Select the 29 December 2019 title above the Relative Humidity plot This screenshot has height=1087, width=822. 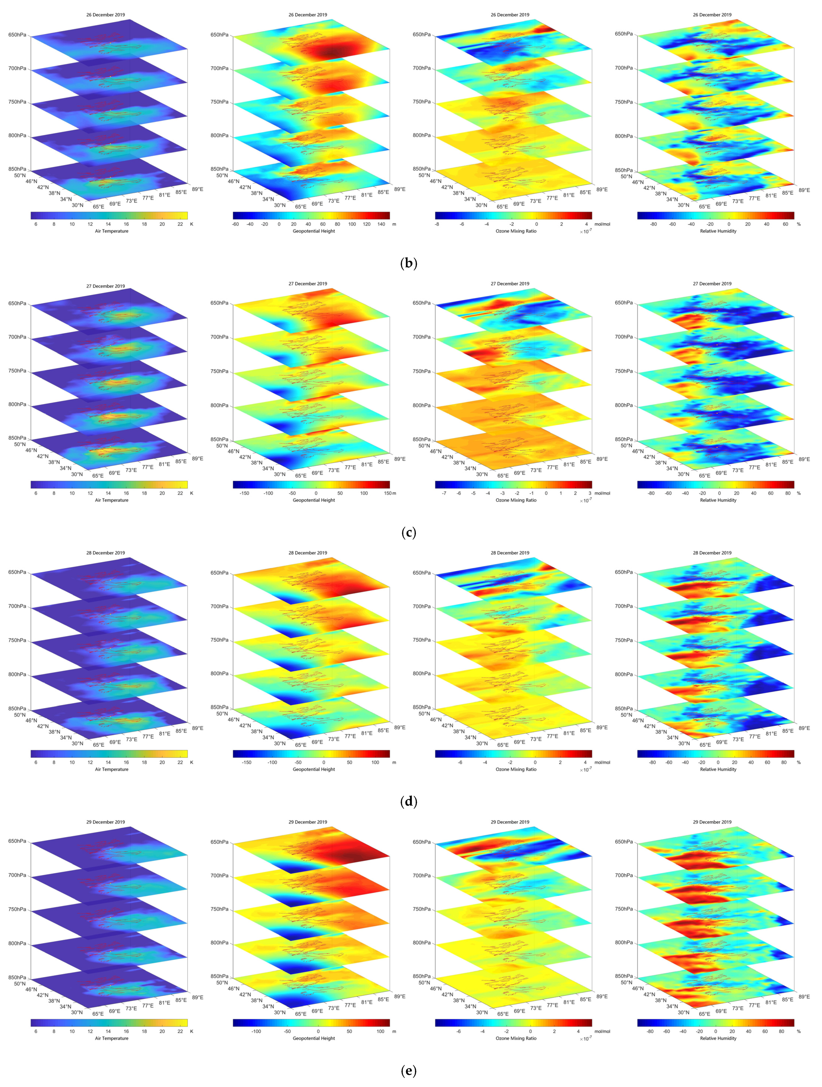click(712, 822)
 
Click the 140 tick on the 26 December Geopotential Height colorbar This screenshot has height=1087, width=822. click(381, 224)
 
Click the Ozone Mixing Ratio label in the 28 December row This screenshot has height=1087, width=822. click(516, 769)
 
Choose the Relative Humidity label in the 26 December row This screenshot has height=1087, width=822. click(718, 231)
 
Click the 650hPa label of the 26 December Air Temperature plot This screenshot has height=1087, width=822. click(17, 35)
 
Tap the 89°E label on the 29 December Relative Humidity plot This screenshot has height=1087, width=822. click(804, 997)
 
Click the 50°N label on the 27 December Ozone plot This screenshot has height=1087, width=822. click(424, 446)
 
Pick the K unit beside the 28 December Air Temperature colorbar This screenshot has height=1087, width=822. click(191, 762)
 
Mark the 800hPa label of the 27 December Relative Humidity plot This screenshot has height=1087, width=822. click(624, 405)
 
